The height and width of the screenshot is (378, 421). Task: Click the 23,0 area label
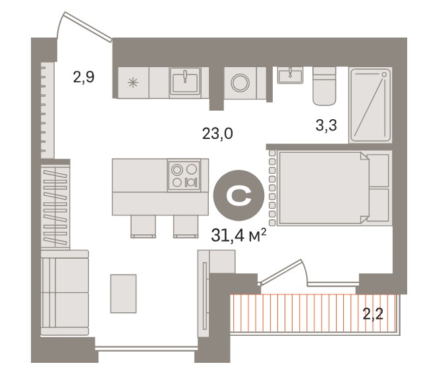click(217, 134)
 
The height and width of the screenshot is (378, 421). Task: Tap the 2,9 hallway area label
click(84, 77)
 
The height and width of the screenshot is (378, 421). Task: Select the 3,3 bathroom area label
click(326, 125)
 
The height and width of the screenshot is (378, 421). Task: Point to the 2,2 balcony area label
click(373, 314)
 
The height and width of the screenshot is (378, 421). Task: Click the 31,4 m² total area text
click(239, 236)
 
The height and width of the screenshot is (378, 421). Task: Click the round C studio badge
click(239, 196)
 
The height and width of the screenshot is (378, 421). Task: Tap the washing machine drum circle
click(240, 82)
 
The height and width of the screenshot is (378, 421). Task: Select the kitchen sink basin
click(184, 81)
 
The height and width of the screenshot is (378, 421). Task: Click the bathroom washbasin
click(291, 75)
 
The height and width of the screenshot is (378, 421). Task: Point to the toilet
click(324, 86)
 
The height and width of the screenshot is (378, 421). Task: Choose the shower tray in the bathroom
click(370, 105)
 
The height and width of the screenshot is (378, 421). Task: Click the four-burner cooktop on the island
click(184, 175)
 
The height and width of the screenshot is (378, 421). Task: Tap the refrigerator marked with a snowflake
click(133, 82)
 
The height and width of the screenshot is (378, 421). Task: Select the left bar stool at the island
click(143, 227)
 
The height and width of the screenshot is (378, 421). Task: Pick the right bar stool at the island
click(186, 227)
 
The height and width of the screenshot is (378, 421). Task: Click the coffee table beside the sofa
click(123, 294)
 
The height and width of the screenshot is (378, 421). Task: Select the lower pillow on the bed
click(378, 205)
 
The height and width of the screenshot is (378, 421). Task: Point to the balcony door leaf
click(281, 272)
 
